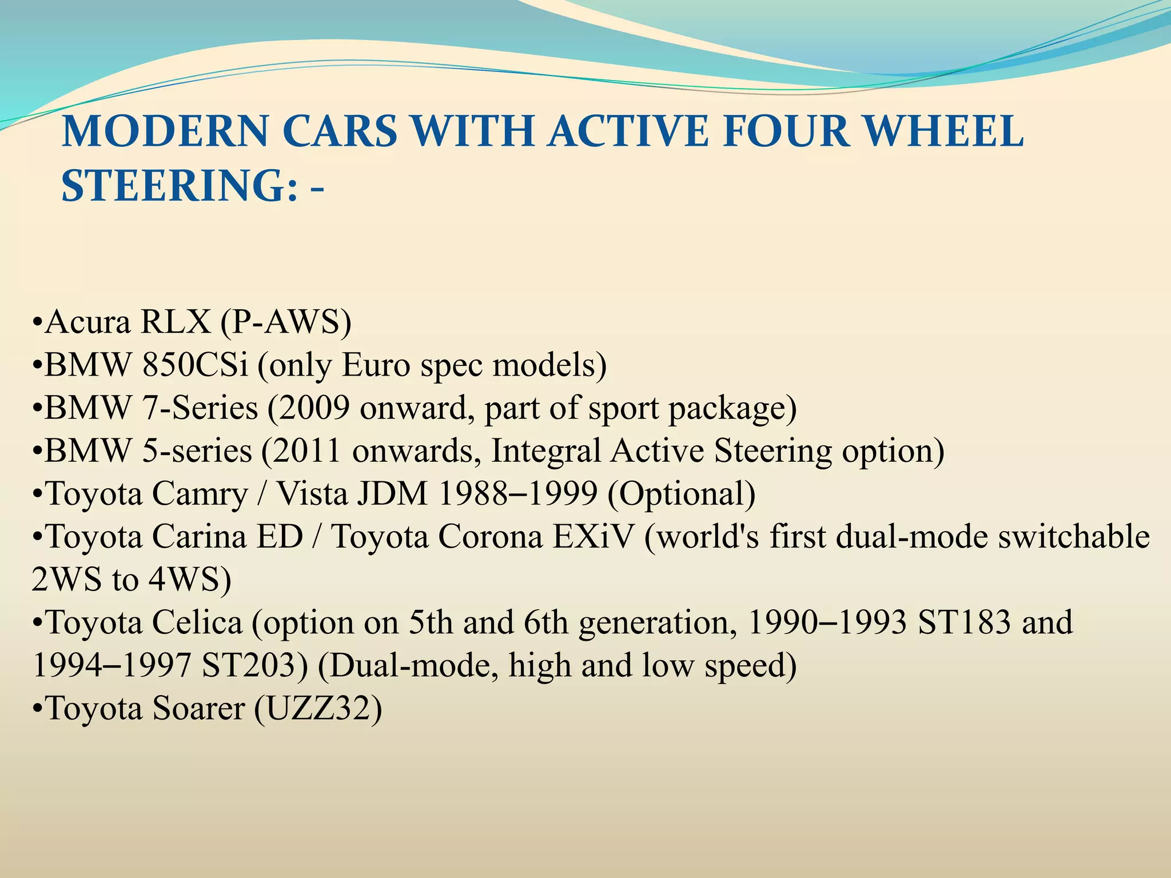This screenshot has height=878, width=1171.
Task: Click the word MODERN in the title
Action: (x=165, y=131)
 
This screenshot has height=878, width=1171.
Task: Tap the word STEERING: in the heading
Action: (x=180, y=186)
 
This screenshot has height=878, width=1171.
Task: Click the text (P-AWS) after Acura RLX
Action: (x=286, y=322)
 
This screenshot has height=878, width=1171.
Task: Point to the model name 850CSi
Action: (x=195, y=365)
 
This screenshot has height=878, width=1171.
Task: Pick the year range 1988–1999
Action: (x=517, y=493)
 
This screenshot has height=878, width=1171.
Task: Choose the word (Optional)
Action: (x=682, y=493)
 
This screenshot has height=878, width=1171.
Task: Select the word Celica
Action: (x=197, y=622)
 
